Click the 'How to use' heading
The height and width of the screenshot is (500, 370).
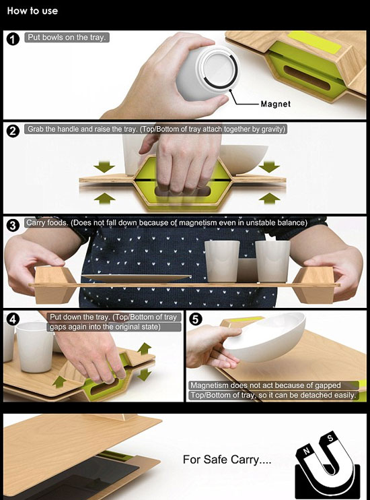pyautogui.click(x=32, y=11)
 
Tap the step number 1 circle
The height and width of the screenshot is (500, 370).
pyautogui.click(x=13, y=39)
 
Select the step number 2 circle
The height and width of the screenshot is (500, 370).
pyautogui.click(x=13, y=131)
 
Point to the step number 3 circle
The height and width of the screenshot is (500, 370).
pyautogui.click(x=13, y=225)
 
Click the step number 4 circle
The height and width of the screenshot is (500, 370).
pyautogui.click(x=13, y=319)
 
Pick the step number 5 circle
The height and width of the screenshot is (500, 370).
pyautogui.click(x=196, y=319)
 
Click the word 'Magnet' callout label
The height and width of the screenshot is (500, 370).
pyautogui.click(x=275, y=104)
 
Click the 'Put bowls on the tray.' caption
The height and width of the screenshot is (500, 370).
pyautogui.click(x=66, y=37)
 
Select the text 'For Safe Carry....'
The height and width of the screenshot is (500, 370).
pyautogui.click(x=227, y=460)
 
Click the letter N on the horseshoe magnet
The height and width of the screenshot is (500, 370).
pyautogui.click(x=306, y=451)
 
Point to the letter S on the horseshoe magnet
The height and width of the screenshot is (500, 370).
pyautogui.click(x=330, y=438)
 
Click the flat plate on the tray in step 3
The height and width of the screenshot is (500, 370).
pyautogui.click(x=137, y=278)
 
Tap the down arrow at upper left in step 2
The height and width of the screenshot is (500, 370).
pyautogui.click(x=104, y=166)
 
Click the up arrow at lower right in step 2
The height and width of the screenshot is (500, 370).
pyautogui.click(x=269, y=198)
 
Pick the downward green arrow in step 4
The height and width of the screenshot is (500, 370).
pyautogui.click(x=145, y=374)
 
